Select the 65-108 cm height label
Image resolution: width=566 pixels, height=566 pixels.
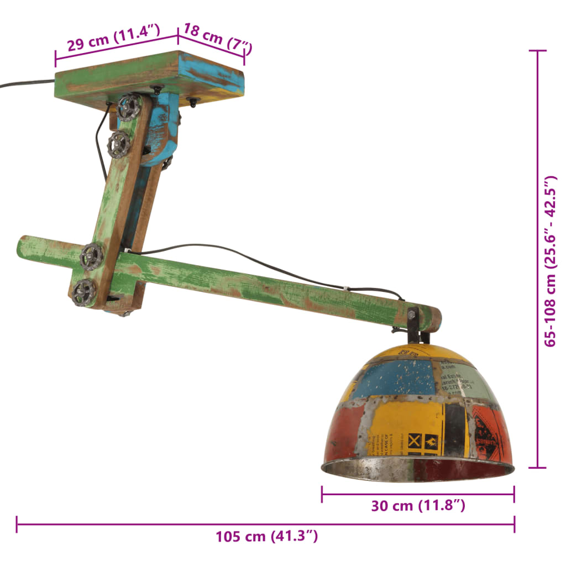click(x=551, y=261)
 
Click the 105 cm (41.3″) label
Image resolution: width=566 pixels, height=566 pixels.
click(x=266, y=536)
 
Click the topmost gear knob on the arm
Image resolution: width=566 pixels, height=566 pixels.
click(x=130, y=107)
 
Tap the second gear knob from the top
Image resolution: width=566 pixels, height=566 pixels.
click(x=119, y=144)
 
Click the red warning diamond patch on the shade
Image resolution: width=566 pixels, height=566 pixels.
click(x=488, y=434)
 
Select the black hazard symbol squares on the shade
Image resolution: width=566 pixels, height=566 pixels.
click(x=423, y=442)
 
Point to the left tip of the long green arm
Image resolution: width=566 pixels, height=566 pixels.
click(x=23, y=247)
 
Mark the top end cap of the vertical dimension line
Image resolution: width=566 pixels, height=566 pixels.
click(x=537, y=51)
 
